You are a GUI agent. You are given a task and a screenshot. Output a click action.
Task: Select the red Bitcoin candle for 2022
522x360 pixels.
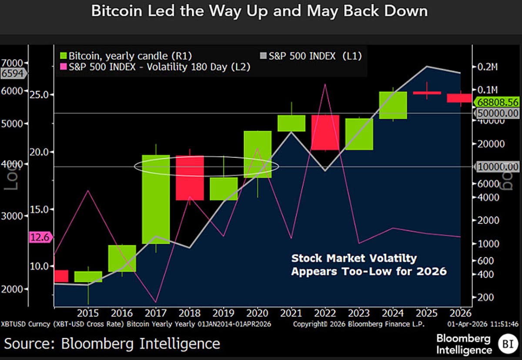pos(325,133)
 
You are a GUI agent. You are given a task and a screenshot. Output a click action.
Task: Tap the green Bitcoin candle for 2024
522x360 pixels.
pos(393,105)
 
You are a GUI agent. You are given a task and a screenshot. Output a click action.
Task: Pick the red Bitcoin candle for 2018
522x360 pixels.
pos(190,178)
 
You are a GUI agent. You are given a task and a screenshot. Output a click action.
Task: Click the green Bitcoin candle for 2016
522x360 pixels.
pos(122,258)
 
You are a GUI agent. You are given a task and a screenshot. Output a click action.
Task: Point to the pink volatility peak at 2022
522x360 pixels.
pos(325,85)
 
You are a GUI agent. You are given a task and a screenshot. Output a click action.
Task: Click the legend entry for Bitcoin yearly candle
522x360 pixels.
pos(125,56)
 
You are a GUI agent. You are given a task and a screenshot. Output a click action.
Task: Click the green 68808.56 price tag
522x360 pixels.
pos(498,103)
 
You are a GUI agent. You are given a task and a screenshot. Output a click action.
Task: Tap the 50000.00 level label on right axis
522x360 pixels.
pos(498,113)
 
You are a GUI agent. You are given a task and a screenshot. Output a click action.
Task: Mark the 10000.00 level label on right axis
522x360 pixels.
pos(498,167)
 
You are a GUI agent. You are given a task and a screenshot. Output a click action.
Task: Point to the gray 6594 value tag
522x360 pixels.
pos(13,73)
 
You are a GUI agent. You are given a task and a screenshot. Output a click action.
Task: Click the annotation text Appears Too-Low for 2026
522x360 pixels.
pos(369,271)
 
